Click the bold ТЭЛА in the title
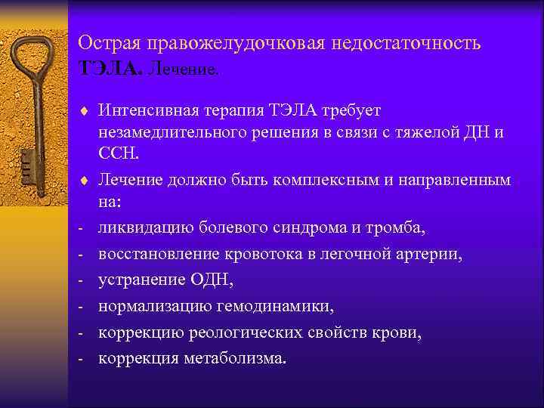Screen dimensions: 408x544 110,70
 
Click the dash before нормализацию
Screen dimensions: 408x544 80,307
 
